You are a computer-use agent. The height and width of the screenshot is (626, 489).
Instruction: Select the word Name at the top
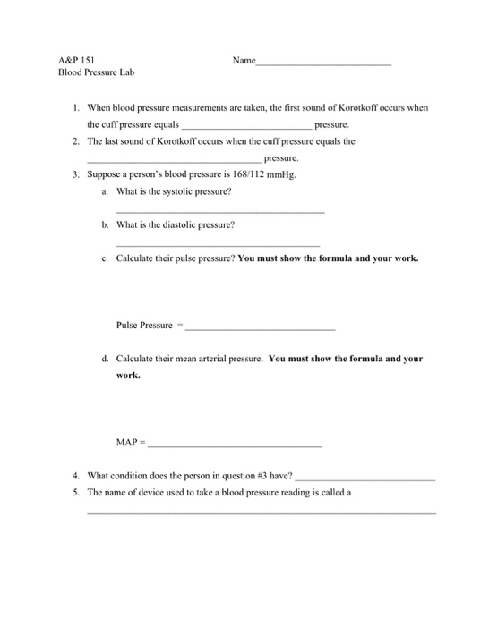[244, 61]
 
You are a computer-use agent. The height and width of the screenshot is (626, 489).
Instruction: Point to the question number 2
[76, 141]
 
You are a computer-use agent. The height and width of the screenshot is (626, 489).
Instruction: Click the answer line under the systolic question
[220, 211]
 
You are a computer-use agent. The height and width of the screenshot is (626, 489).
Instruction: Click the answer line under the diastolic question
[218, 244]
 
